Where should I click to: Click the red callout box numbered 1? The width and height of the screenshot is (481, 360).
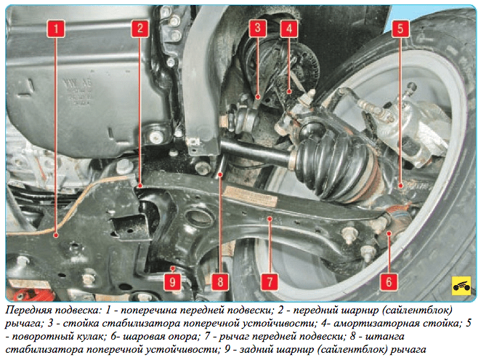click(56, 28)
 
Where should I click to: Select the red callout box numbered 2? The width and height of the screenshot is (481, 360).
click(140, 28)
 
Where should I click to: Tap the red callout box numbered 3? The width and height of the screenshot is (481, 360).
click(257, 28)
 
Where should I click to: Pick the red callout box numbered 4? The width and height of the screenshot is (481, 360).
click(289, 28)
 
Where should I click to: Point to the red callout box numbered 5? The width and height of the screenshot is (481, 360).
click(400, 28)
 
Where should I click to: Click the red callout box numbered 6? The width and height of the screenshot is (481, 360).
click(389, 281)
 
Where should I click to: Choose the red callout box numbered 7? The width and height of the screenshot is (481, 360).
click(270, 281)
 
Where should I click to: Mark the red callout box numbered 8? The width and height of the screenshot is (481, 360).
click(220, 281)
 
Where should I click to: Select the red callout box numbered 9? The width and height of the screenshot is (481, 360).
click(172, 281)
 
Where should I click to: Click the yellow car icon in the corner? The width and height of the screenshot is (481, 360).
click(461, 286)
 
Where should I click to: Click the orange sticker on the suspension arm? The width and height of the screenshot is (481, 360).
click(251, 196)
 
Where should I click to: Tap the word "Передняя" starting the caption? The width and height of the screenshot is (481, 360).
click(27, 311)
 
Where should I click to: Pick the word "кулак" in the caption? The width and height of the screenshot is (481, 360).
click(91, 337)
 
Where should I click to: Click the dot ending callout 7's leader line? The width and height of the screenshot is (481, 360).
click(270, 219)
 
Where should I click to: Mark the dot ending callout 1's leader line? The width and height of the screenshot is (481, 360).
click(56, 236)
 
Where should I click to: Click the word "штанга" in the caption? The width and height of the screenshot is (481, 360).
click(385, 337)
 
